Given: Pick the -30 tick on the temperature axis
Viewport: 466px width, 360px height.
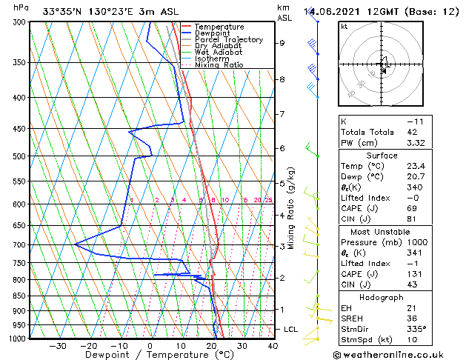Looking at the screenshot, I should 58,346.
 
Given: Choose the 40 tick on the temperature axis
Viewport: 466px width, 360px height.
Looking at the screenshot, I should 273,346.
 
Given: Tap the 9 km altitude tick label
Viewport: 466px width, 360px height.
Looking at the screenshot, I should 282,43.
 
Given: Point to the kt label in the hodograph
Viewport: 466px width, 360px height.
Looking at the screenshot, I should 344,27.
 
